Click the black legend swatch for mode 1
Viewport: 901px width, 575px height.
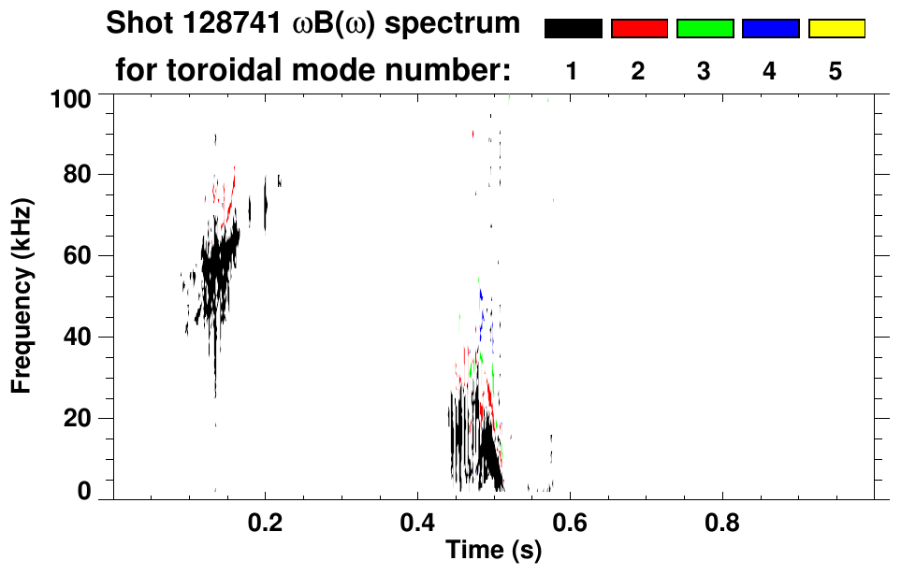point(573,29)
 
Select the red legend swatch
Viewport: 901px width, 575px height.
point(638,29)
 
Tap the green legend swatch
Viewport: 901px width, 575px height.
point(704,29)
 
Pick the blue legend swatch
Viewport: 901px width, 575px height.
point(770,29)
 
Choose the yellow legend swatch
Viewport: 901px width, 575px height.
point(836,29)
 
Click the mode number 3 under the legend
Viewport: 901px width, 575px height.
point(704,71)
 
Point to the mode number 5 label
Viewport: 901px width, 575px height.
point(836,71)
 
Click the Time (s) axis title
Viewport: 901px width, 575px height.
point(492,552)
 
